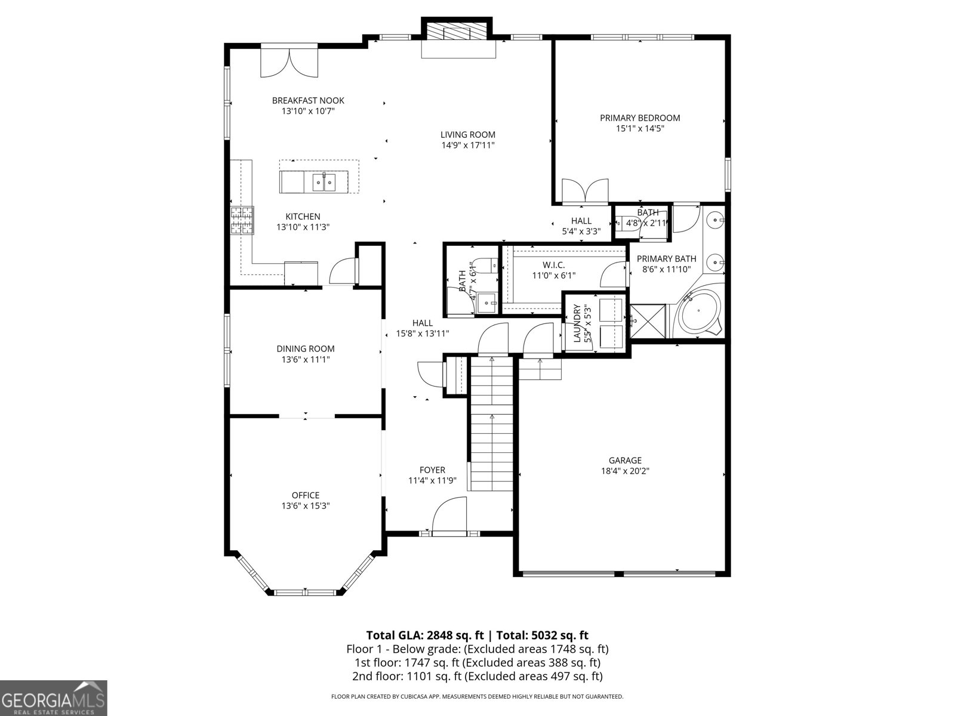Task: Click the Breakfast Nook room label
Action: pyautogui.click(x=308, y=100)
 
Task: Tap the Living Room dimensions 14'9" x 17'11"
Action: pyautogui.click(x=468, y=145)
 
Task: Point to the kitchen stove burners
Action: pyautogui.click(x=242, y=220)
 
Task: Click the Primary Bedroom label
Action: pyautogui.click(x=640, y=118)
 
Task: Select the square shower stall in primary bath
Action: pyautogui.click(x=648, y=321)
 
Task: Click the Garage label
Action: pyautogui.click(x=625, y=460)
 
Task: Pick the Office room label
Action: pyautogui.click(x=306, y=495)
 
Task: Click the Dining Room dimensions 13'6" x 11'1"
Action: pyautogui.click(x=306, y=359)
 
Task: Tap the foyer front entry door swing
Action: pyautogui.click(x=448, y=517)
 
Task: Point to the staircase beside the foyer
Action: pyautogui.click(x=492, y=424)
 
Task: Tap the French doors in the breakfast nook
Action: pyautogui.click(x=289, y=63)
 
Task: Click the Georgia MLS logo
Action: pyautogui.click(x=54, y=698)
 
